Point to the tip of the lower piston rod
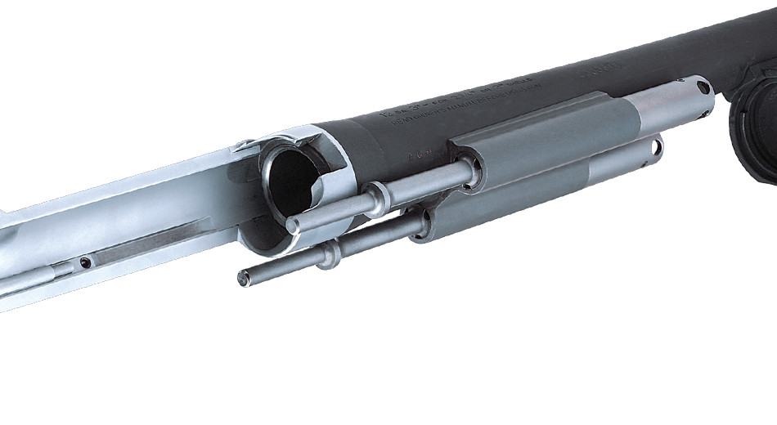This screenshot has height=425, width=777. coord(243,279)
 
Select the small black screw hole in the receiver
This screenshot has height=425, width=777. coord(84,264)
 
